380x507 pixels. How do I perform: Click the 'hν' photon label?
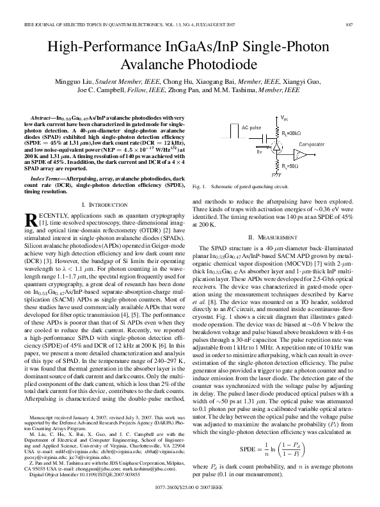(259, 152)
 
